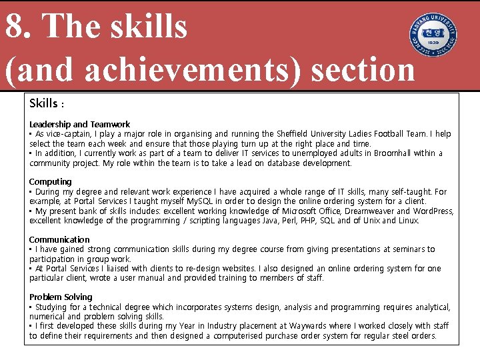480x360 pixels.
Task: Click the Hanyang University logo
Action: point(433,35)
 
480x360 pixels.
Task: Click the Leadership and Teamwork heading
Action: point(79,124)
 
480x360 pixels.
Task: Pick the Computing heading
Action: point(50,181)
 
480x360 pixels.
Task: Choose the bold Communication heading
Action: point(59,239)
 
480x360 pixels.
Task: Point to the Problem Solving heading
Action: point(61,297)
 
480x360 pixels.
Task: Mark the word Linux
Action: point(407,221)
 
